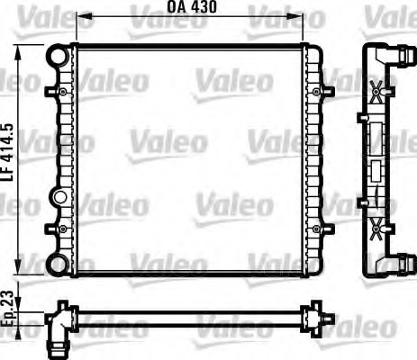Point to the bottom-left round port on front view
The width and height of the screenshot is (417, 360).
coord(57,265)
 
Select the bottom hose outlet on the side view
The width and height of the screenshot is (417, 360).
coord(395,261)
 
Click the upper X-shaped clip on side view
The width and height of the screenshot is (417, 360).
coord(376,90)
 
